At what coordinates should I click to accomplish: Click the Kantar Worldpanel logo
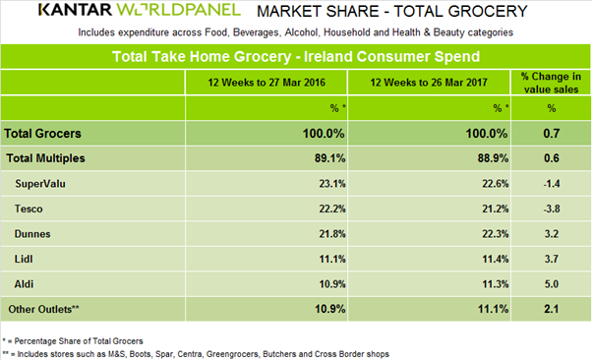click(x=140, y=10)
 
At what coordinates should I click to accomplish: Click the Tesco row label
click(x=29, y=209)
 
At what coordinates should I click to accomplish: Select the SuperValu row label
click(x=40, y=184)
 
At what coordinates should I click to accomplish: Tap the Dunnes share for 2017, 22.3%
click(x=495, y=234)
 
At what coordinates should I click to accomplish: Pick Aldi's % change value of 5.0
click(x=552, y=284)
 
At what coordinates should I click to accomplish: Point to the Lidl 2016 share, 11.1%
click(x=331, y=259)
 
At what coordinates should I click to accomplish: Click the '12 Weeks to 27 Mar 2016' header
click(x=266, y=83)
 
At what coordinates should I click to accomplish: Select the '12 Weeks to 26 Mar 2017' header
click(x=429, y=83)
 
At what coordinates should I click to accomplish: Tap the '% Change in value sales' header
click(x=551, y=83)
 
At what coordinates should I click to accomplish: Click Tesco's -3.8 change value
click(x=552, y=209)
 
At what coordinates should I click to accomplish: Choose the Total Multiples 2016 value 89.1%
click(x=329, y=158)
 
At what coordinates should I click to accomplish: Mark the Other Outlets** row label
click(x=44, y=310)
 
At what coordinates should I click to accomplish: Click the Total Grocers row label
click(x=42, y=134)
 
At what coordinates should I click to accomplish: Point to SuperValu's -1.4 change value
click(x=552, y=184)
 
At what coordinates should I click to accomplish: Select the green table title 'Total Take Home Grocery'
click(x=202, y=57)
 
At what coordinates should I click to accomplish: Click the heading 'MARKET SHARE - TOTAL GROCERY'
click(x=392, y=12)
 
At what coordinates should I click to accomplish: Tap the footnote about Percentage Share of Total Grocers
click(x=73, y=341)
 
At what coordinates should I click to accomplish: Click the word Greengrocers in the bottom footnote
click(x=232, y=354)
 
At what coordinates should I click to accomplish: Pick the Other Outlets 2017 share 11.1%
click(x=493, y=309)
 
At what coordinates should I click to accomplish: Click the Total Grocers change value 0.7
click(x=552, y=134)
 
